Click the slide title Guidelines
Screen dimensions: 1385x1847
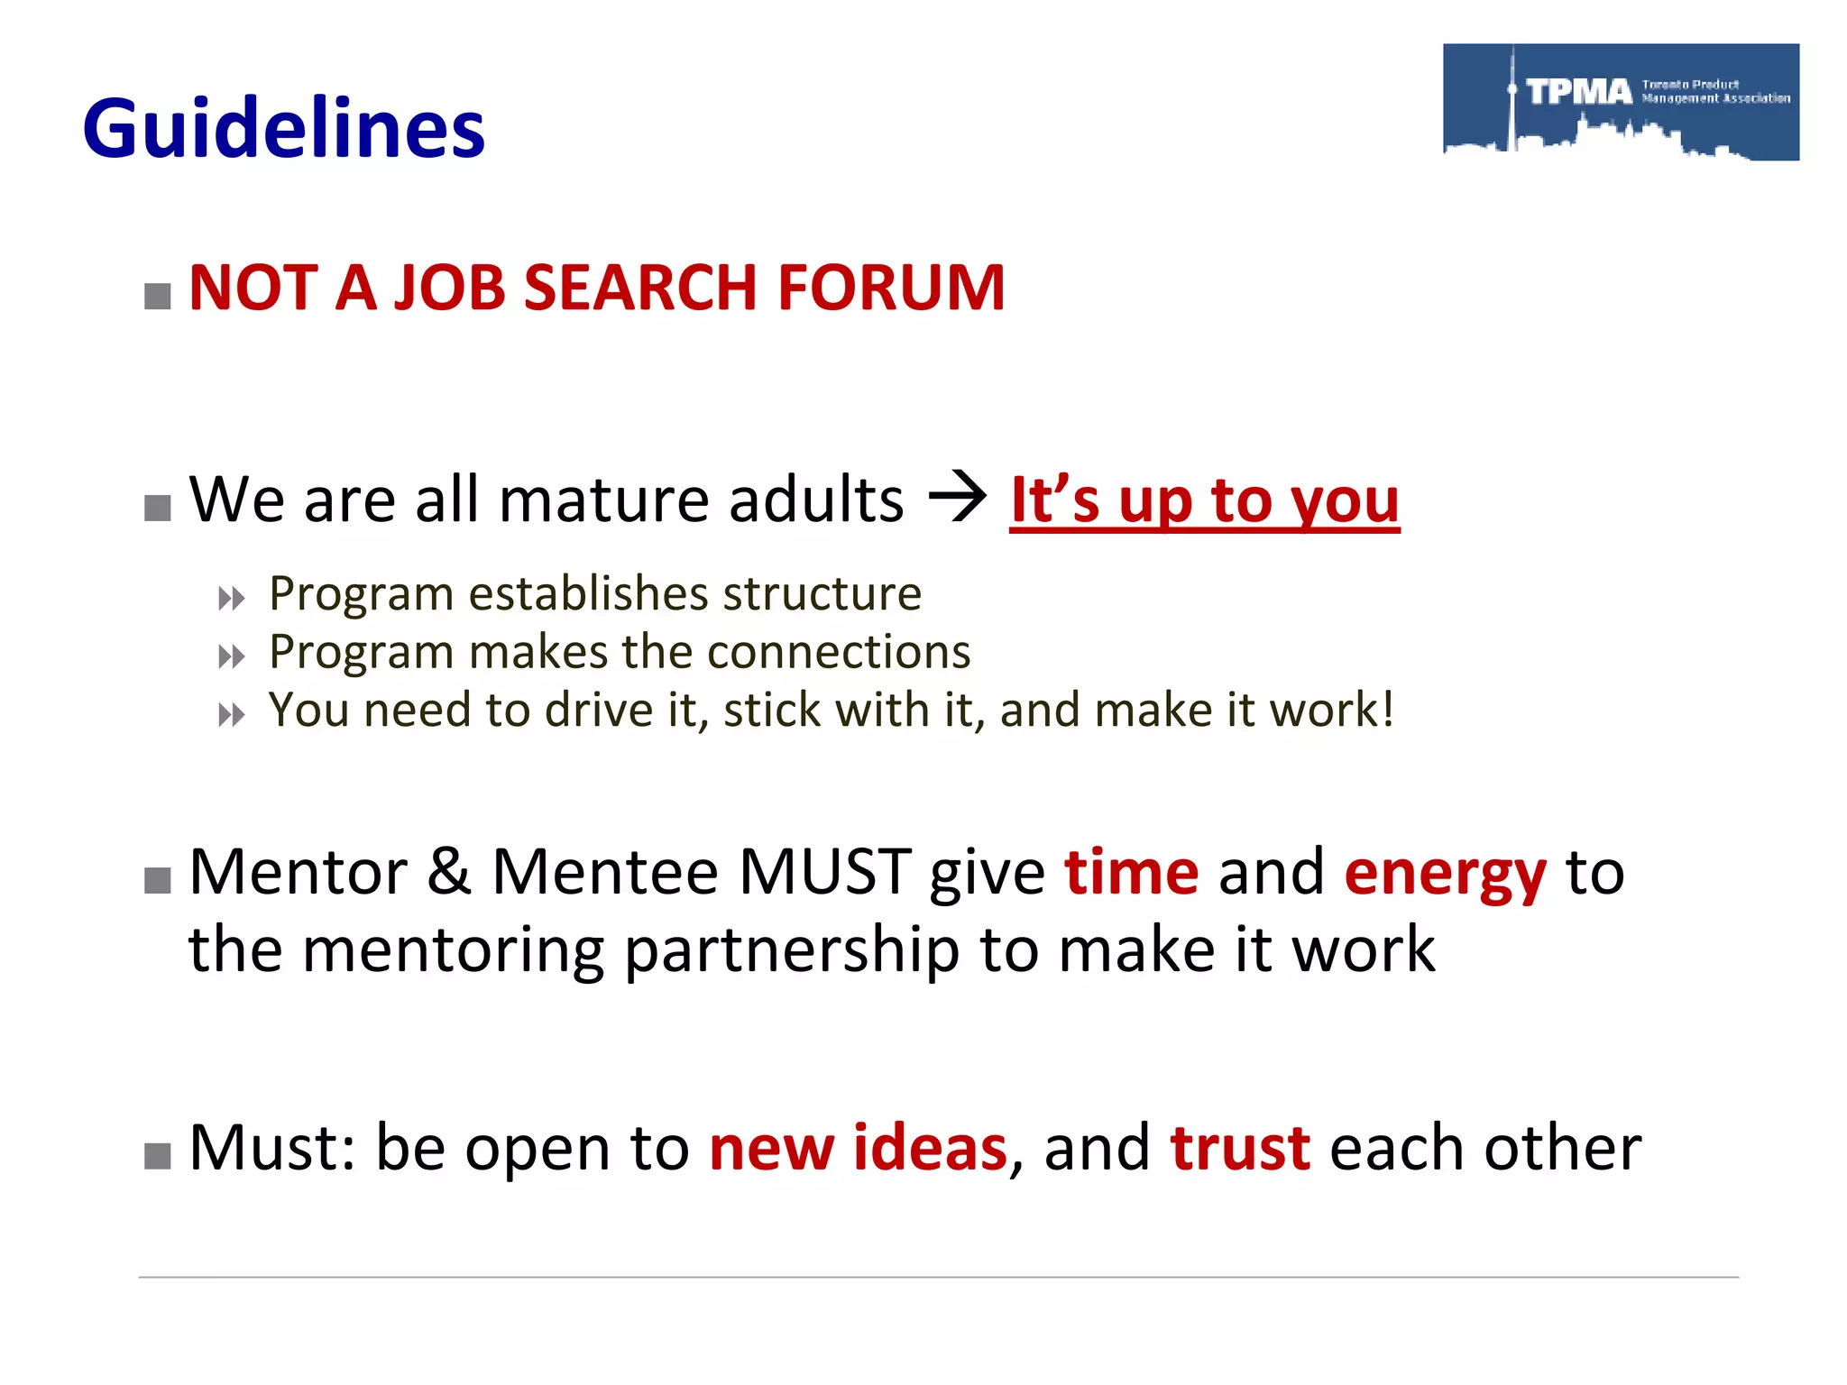[x=283, y=129]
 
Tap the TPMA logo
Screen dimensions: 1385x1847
[x=1621, y=102]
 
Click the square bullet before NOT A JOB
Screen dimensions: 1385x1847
[x=158, y=296]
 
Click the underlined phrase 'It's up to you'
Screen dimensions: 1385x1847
[x=1204, y=500]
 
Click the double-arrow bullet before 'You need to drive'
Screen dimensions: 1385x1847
[x=231, y=716]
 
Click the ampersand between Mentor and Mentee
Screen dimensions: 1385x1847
[x=449, y=872]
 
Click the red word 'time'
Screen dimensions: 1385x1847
[x=1131, y=872]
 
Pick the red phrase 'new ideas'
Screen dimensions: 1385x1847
[x=858, y=1148]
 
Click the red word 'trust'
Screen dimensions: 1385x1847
[x=1240, y=1148]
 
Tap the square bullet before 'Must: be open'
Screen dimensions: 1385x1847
[x=158, y=1156]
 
